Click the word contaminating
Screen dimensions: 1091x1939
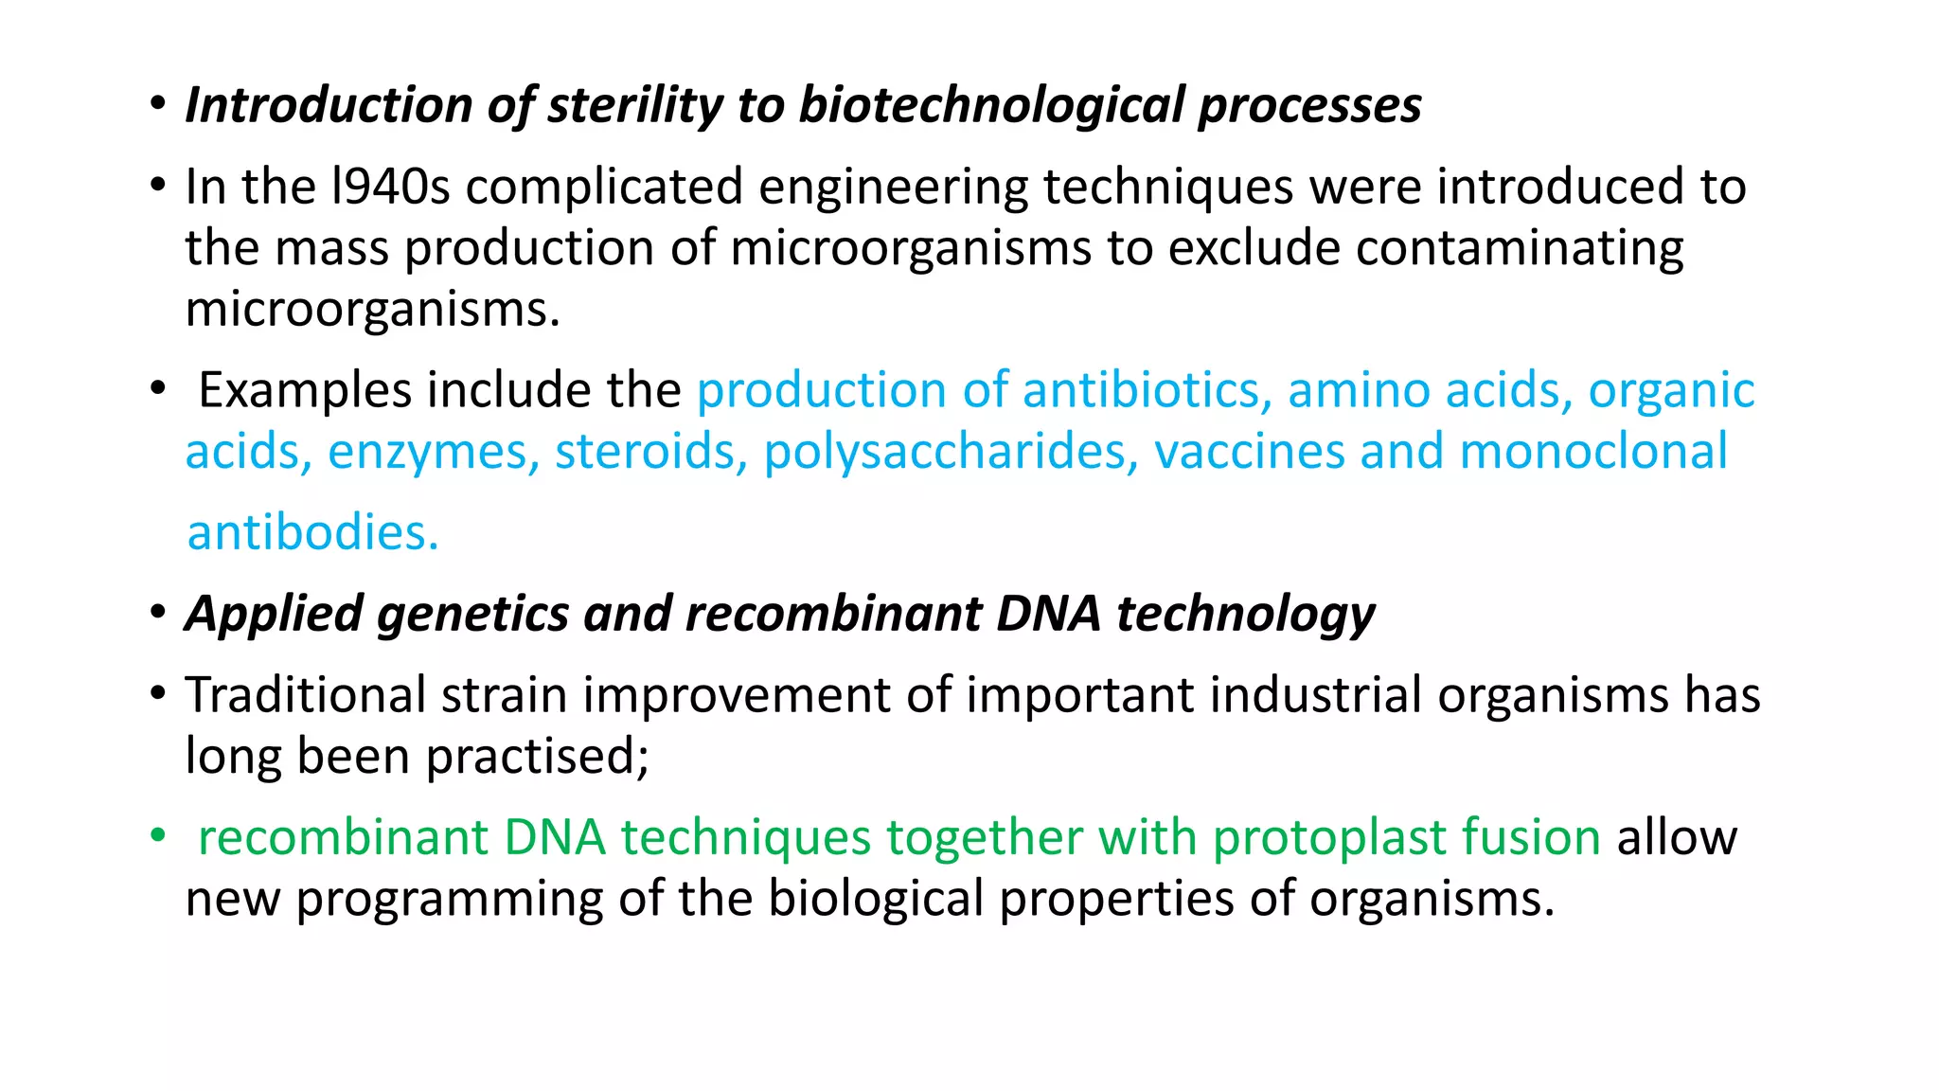(x=1520, y=248)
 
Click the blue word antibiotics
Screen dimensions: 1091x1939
(x=1147, y=390)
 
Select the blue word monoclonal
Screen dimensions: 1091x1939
(x=1593, y=452)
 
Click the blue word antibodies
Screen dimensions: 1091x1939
(x=312, y=533)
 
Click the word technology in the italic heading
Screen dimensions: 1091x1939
(x=1245, y=614)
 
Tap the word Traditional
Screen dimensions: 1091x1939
(x=305, y=695)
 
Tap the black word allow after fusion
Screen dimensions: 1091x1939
(x=1677, y=838)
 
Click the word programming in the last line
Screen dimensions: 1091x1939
(x=449, y=899)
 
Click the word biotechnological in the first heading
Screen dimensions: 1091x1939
(x=991, y=105)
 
